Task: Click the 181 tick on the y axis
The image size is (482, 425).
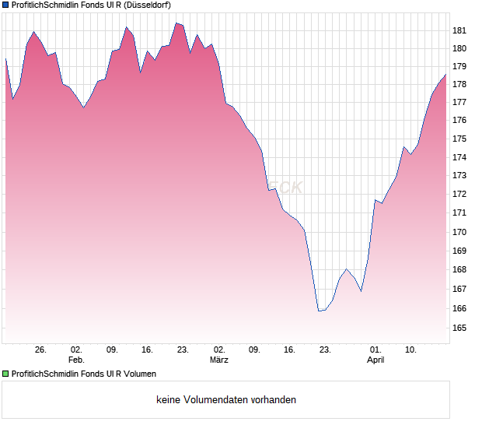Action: tap(459, 30)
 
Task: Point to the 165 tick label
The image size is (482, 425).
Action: tap(459, 328)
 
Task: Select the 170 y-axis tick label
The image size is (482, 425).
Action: tap(459, 232)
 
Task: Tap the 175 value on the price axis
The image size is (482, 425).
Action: tap(459, 139)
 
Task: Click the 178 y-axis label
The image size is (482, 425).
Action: tap(459, 84)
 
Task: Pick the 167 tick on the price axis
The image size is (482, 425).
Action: tap(459, 289)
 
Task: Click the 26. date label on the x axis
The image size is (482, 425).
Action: tap(40, 350)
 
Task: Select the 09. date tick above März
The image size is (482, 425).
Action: tap(254, 350)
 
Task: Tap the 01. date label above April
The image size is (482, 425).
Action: tap(375, 350)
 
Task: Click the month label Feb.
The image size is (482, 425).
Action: tap(76, 360)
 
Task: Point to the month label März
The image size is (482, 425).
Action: tap(218, 360)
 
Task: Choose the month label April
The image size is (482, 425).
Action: tap(375, 360)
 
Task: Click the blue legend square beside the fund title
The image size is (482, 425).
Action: tap(6, 5)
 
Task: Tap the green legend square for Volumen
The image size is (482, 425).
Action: tap(6, 374)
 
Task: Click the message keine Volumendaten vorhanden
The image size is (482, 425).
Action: tap(226, 400)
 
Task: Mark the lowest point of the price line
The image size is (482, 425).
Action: tap(319, 311)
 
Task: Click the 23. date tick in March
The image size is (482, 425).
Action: tap(325, 350)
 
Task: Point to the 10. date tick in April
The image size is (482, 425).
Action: tap(411, 350)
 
